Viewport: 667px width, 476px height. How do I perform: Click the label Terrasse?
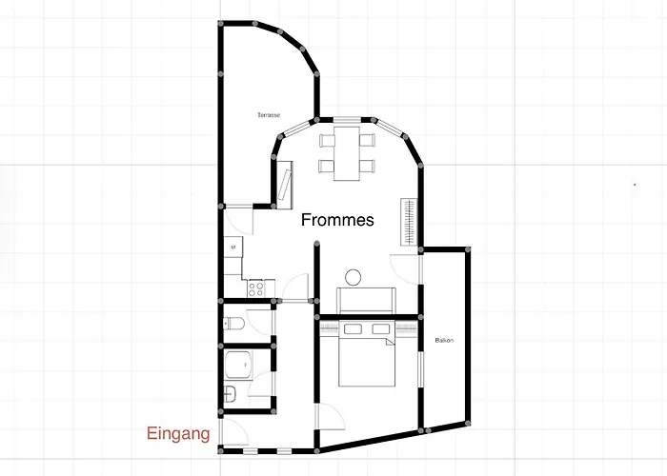tap(268, 115)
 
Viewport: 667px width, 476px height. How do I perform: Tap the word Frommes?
tap(337, 220)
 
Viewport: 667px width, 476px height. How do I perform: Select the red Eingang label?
tap(177, 434)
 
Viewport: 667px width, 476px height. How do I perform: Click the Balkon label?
tap(443, 340)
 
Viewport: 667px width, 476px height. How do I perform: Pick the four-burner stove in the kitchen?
tap(254, 285)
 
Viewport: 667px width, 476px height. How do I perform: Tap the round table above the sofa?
tap(354, 278)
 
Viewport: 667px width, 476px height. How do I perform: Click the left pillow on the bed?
tap(352, 329)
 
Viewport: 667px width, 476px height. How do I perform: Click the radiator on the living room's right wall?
tap(410, 221)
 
